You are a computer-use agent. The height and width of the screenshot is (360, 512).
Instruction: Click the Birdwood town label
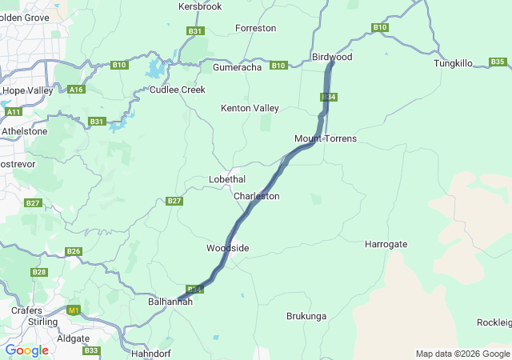(x=331, y=58)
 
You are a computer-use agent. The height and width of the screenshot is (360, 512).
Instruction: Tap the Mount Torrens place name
(x=325, y=139)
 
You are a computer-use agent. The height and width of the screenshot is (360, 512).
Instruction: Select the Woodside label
(x=227, y=248)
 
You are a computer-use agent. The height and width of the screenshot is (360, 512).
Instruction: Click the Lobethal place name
(x=227, y=179)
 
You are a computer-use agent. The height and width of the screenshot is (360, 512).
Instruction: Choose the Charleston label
(x=256, y=196)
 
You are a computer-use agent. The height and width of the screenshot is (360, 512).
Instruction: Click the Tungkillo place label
(x=454, y=63)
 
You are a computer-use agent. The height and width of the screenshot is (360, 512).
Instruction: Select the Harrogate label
(x=386, y=244)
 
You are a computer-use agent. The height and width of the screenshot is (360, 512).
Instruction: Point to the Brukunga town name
(x=306, y=316)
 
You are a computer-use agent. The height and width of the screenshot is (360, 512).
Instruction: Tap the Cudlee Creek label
(x=178, y=90)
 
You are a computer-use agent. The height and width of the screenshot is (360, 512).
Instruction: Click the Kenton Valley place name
(x=250, y=108)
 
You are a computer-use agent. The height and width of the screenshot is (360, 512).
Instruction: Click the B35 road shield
(x=498, y=62)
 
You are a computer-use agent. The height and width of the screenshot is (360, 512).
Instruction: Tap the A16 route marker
(x=77, y=90)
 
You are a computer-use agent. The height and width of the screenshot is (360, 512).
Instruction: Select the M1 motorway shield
(x=74, y=310)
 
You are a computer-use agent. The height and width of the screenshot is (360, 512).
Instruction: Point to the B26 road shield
(x=74, y=251)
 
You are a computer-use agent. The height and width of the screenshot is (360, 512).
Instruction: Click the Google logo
(x=26, y=350)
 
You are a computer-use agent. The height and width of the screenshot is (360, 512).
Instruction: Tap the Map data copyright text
(x=462, y=354)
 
